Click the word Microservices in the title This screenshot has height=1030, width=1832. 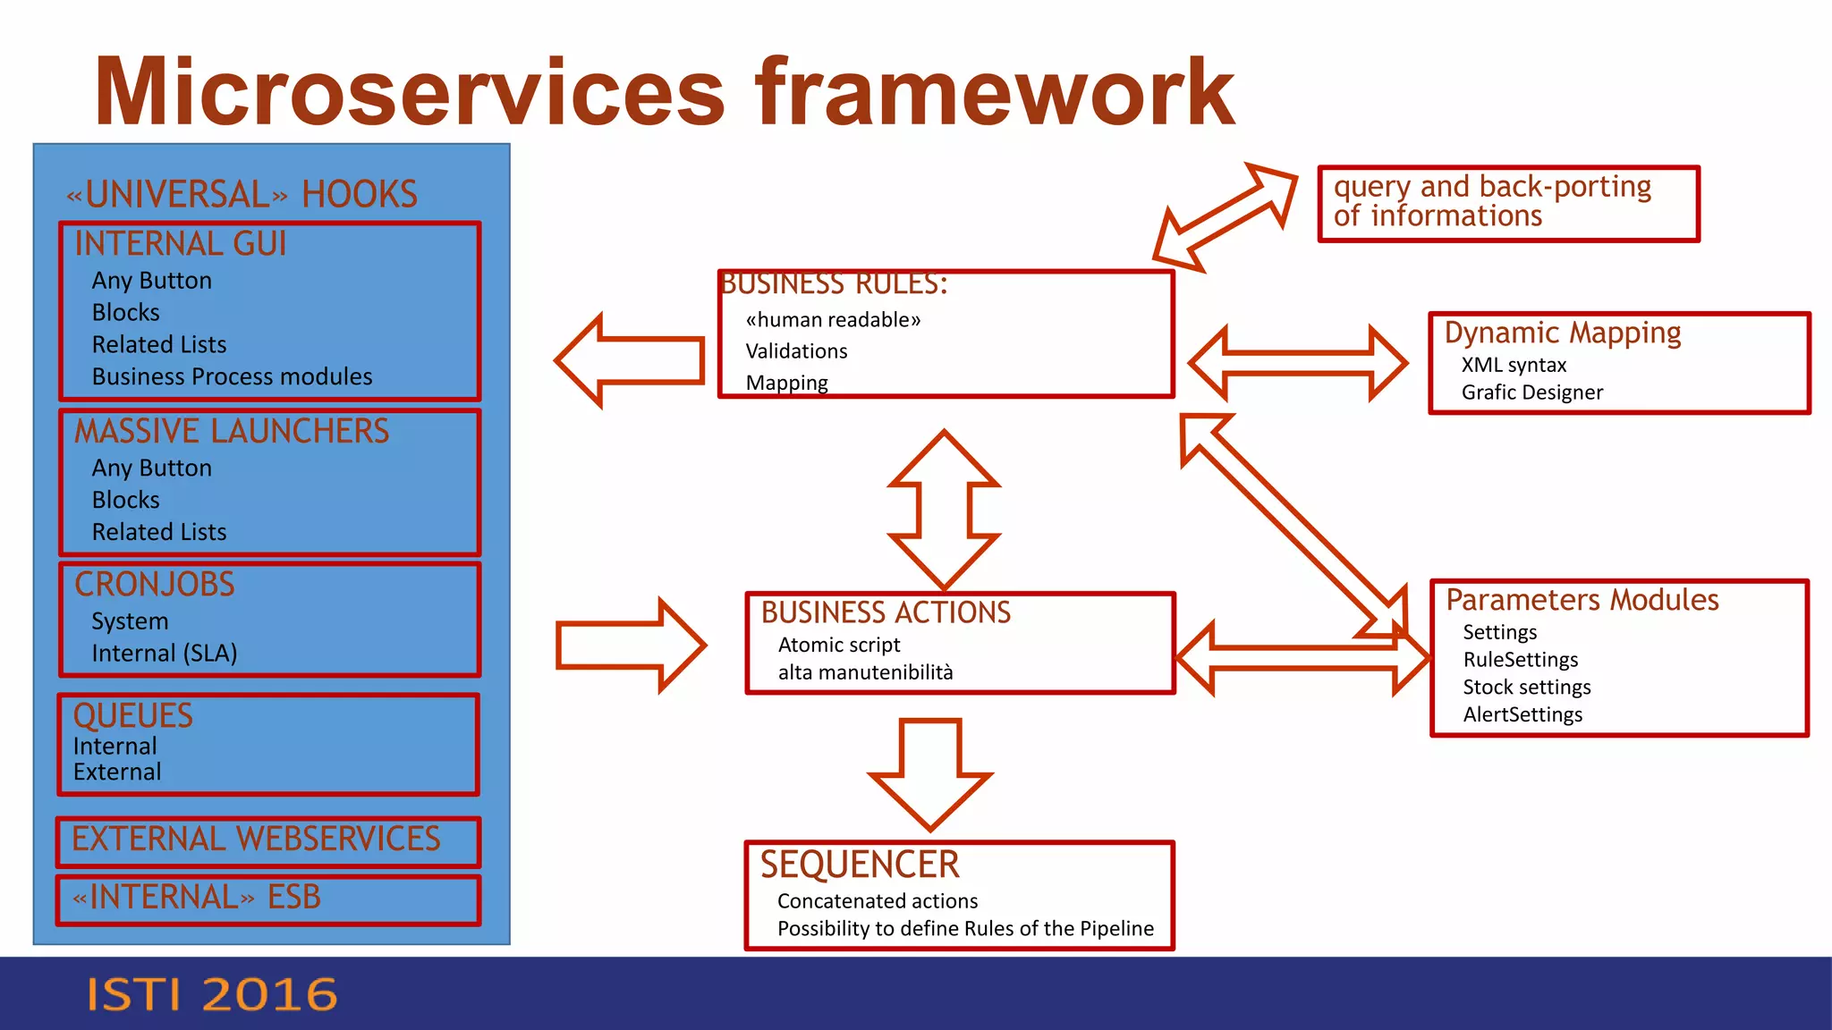click(x=410, y=92)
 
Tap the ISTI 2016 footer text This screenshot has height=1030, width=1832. click(x=212, y=995)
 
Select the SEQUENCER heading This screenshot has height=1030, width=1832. click(x=860, y=865)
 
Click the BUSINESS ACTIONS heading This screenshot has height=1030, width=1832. click(x=886, y=612)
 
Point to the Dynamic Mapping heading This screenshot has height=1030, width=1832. click(x=1562, y=333)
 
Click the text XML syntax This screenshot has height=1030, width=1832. click(x=1514, y=365)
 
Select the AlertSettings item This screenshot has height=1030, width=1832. click(x=1522, y=714)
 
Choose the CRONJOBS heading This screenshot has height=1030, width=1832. click(x=155, y=585)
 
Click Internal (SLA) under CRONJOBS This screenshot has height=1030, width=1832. click(x=165, y=654)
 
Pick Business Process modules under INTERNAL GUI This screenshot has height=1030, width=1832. click(x=232, y=376)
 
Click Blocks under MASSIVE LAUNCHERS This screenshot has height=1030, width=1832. click(x=126, y=500)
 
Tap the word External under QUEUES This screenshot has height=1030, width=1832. click(x=117, y=772)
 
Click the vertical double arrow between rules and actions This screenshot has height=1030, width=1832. click(x=944, y=511)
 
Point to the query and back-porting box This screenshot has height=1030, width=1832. click(x=1508, y=202)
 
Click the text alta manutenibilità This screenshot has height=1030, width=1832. click(x=865, y=672)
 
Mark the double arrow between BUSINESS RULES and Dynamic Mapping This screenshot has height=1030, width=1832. click(x=1298, y=364)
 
